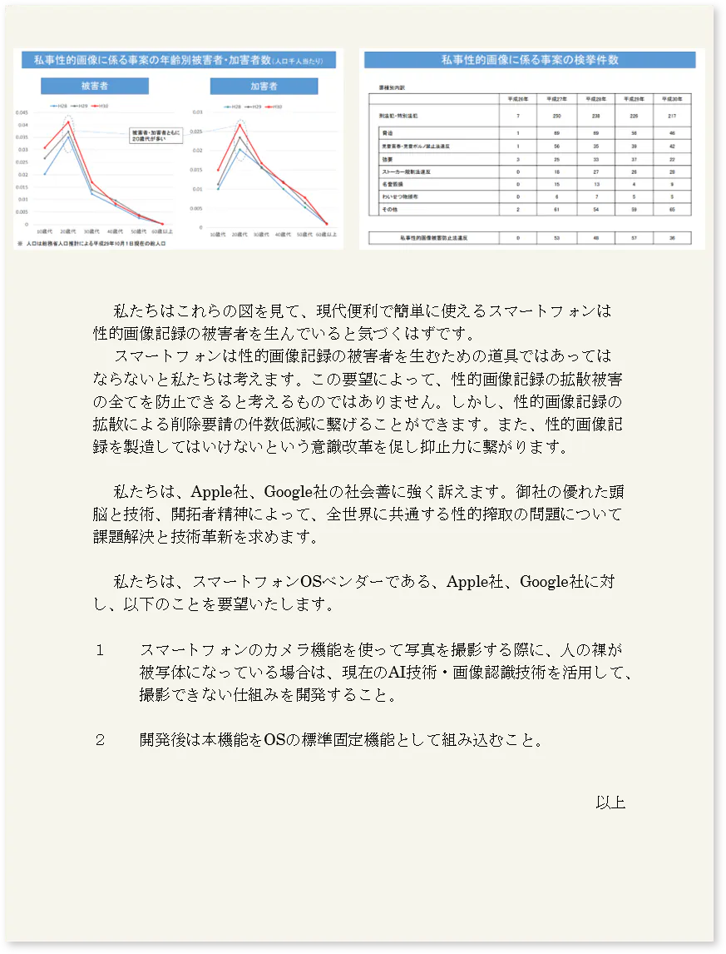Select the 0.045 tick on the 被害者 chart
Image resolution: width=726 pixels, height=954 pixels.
pyautogui.click(x=22, y=112)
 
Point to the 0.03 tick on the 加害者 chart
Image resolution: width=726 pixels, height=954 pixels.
pyautogui.click(x=197, y=112)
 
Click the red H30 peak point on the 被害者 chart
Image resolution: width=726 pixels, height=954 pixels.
pyautogui.click(x=68, y=122)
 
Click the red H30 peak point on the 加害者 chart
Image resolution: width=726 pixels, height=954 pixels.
pyautogui.click(x=240, y=125)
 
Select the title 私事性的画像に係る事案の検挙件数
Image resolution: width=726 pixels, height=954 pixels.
pyautogui.click(x=530, y=60)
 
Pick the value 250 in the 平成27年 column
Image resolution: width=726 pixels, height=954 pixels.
pyautogui.click(x=557, y=116)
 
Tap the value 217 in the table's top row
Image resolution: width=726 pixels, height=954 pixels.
pyautogui.click(x=673, y=116)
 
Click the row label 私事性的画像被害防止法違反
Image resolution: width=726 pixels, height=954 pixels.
pyautogui.click(x=429, y=238)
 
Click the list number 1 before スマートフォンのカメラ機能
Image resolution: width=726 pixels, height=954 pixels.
pyautogui.click(x=100, y=650)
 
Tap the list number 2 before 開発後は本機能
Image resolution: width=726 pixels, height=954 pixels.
pyautogui.click(x=100, y=739)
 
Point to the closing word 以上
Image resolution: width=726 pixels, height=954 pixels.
pyautogui.click(x=610, y=802)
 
